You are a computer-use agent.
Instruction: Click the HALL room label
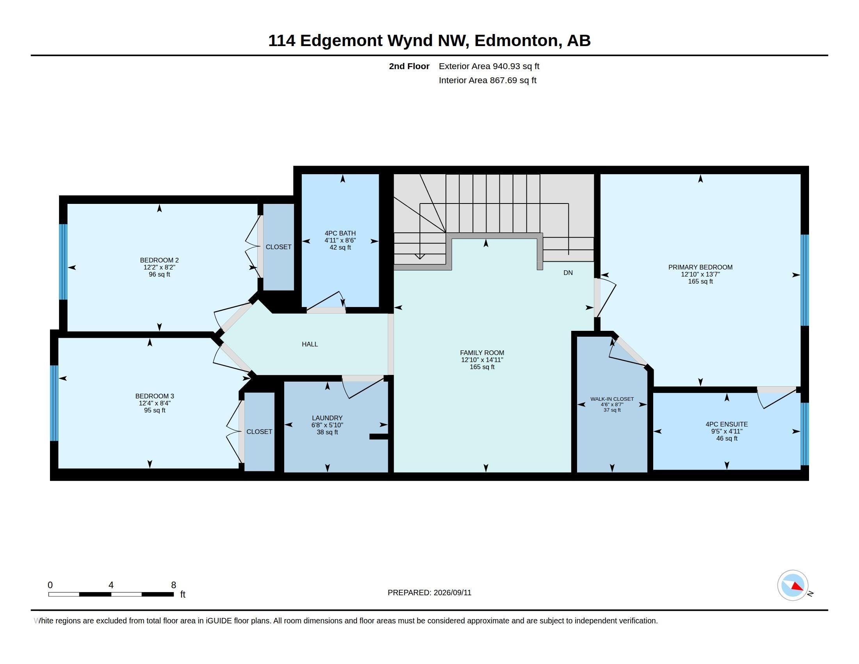310,344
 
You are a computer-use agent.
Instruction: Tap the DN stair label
568,273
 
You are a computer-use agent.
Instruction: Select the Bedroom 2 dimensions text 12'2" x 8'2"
159,267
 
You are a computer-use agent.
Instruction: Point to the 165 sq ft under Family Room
482,367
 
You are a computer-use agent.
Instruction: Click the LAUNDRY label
327,418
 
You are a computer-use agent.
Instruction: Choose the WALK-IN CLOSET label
612,399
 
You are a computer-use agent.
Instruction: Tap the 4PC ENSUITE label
727,424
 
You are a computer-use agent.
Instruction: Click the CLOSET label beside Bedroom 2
278,247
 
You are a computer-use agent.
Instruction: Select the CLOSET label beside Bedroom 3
259,432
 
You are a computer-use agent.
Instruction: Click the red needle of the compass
797,587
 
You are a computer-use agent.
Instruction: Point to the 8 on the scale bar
173,585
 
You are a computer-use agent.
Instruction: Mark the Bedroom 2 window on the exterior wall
63,262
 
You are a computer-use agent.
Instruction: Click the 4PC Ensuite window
805,434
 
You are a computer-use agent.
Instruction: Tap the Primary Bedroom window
805,280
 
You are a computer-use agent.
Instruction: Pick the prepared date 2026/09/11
452,593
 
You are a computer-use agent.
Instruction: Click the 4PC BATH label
340,233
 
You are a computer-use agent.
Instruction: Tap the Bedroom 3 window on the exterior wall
54,403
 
